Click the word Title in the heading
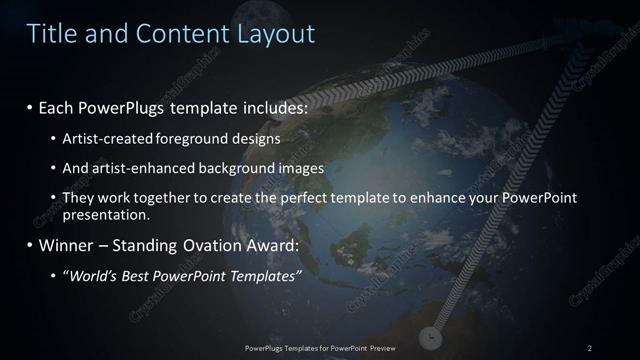click(52, 34)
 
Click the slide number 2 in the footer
click(590, 348)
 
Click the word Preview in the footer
click(381, 348)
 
